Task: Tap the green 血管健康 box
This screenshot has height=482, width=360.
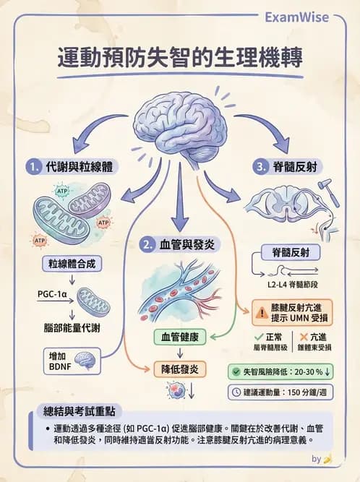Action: tap(180, 337)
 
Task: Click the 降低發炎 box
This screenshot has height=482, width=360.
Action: tap(180, 369)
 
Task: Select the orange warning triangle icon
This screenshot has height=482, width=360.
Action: tap(260, 313)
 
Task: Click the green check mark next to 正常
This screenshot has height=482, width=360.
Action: tap(259, 337)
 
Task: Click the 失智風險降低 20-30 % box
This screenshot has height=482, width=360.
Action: tap(290, 371)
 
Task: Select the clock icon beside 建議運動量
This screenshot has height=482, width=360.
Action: tap(236, 392)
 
